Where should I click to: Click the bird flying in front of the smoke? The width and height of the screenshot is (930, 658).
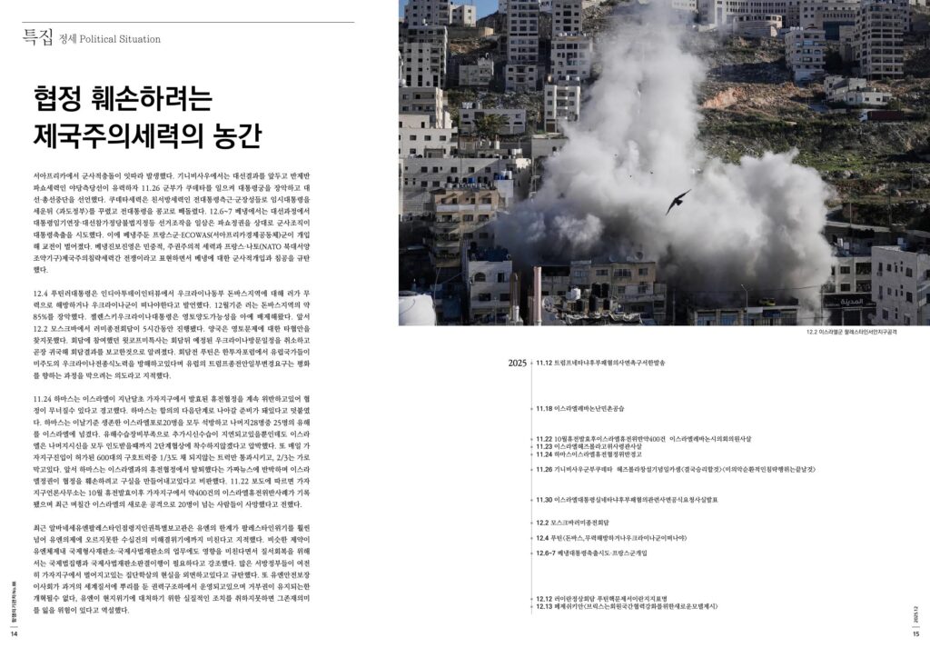point(678,201)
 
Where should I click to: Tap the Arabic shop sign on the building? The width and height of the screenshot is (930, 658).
point(848,301)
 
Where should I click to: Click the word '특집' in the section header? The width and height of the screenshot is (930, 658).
point(37,37)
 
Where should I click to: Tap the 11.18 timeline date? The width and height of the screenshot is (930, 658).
point(545,409)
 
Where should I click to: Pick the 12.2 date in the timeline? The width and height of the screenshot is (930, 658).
point(542,523)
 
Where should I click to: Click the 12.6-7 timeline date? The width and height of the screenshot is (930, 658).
point(546,553)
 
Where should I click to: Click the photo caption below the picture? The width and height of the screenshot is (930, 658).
point(851,333)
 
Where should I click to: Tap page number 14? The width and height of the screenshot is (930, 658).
point(14,634)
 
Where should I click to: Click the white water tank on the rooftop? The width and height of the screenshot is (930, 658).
point(416,309)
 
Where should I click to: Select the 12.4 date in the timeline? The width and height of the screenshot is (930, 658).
point(542,538)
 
